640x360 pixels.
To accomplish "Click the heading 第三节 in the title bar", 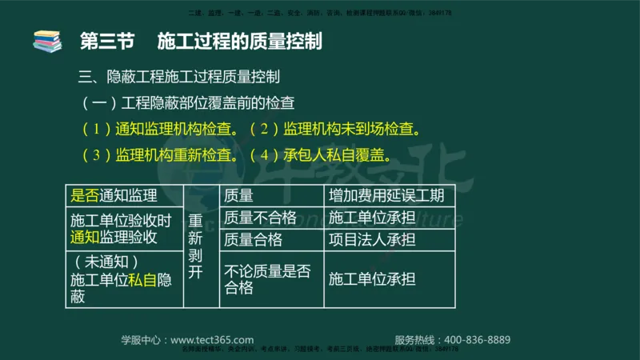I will pyautogui.click(x=107, y=41).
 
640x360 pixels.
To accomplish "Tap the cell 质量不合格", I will pyautogui.click(x=261, y=218).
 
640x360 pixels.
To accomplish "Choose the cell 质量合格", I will pyautogui.click(x=254, y=239).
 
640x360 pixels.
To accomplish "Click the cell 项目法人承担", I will pyautogui.click(x=372, y=239).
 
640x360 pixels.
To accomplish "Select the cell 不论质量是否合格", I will pyautogui.click(x=268, y=279).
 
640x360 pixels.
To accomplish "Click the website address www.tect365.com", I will pyautogui.click(x=212, y=339).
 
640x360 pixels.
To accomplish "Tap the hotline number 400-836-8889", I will pyautogui.click(x=477, y=339).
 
